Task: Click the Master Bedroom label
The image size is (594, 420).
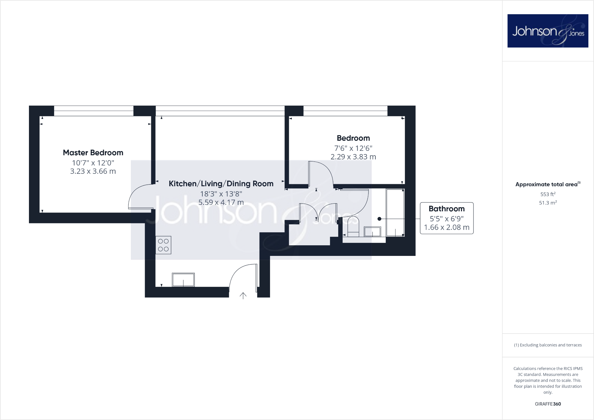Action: pyautogui.click(x=93, y=153)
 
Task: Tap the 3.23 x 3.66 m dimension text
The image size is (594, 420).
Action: pyautogui.click(x=93, y=171)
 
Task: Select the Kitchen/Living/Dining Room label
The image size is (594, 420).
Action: pyautogui.click(x=221, y=184)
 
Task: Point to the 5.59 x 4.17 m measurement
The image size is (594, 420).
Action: pyautogui.click(x=221, y=202)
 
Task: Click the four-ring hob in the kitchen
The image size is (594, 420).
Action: pyautogui.click(x=163, y=245)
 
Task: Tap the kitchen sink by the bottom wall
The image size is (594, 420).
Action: pyautogui.click(x=183, y=280)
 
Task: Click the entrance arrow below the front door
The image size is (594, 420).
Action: pyautogui.click(x=243, y=296)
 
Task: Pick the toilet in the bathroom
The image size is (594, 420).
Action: pyautogui.click(x=353, y=226)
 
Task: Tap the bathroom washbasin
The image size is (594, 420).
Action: pyautogui.click(x=372, y=232)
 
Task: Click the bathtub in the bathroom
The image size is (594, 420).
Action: pyautogui.click(x=395, y=213)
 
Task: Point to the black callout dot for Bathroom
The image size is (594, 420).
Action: pyautogui.click(x=380, y=219)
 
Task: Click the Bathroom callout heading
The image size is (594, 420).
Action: pyautogui.click(x=446, y=209)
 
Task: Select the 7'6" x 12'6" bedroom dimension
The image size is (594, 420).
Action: pyautogui.click(x=353, y=148)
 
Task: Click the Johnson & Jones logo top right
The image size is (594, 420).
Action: pyautogui.click(x=548, y=31)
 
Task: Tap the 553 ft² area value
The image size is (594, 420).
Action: pyautogui.click(x=548, y=194)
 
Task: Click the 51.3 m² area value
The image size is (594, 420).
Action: pyautogui.click(x=548, y=203)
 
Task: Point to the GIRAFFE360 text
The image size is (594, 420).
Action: pyautogui.click(x=548, y=404)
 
